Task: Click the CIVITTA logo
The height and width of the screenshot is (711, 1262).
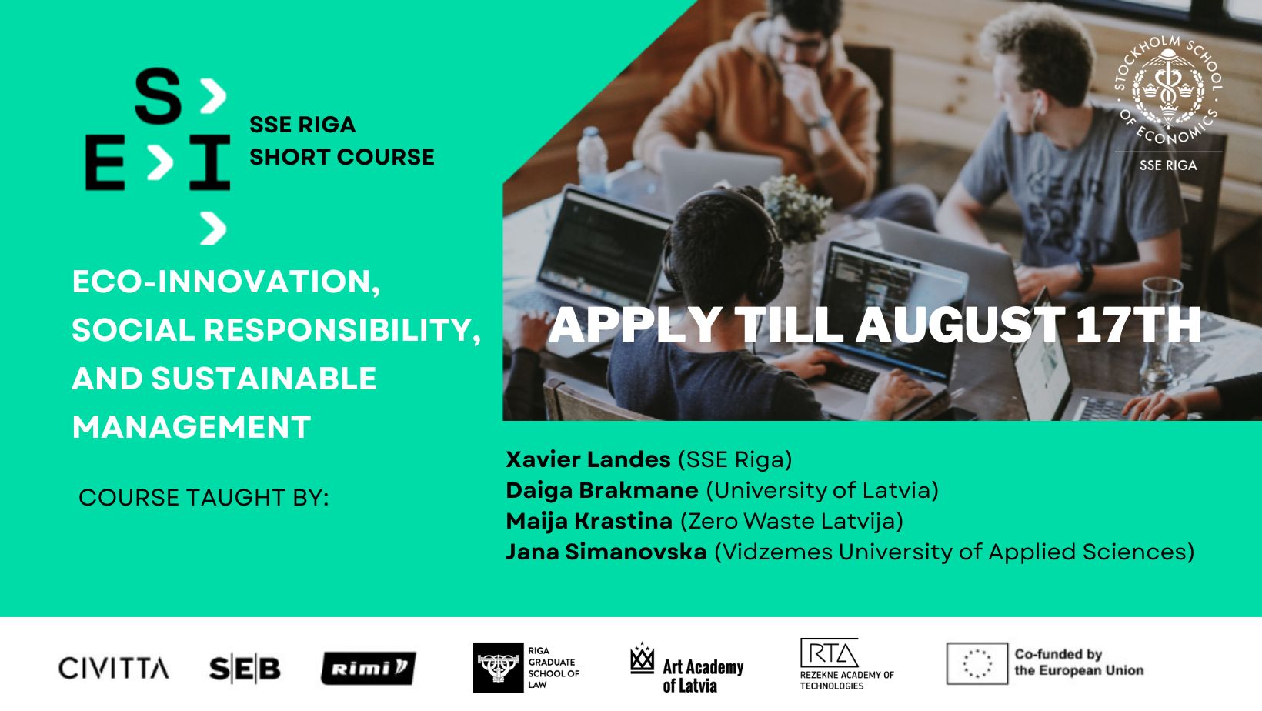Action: tap(114, 668)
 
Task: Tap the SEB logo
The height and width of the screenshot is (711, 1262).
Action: tap(245, 669)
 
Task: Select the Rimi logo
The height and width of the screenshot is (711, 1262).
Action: tap(368, 668)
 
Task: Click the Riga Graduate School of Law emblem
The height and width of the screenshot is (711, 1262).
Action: tap(498, 668)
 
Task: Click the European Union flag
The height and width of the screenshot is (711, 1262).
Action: tap(977, 663)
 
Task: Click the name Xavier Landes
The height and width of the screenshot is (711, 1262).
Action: tap(588, 459)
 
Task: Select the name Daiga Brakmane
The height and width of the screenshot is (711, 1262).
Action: tap(602, 490)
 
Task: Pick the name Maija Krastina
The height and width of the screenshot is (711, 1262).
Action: tap(589, 521)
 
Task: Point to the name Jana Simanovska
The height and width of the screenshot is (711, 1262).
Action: tap(606, 552)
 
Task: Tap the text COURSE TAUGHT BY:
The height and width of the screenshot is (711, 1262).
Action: tap(203, 497)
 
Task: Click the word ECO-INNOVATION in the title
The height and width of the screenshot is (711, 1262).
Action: tap(225, 282)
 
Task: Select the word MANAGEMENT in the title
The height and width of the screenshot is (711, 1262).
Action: tap(191, 427)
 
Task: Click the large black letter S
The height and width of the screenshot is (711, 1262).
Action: tap(158, 97)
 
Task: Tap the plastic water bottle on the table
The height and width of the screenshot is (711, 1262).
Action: tap(593, 158)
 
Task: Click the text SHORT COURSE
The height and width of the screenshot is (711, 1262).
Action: tap(342, 156)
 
